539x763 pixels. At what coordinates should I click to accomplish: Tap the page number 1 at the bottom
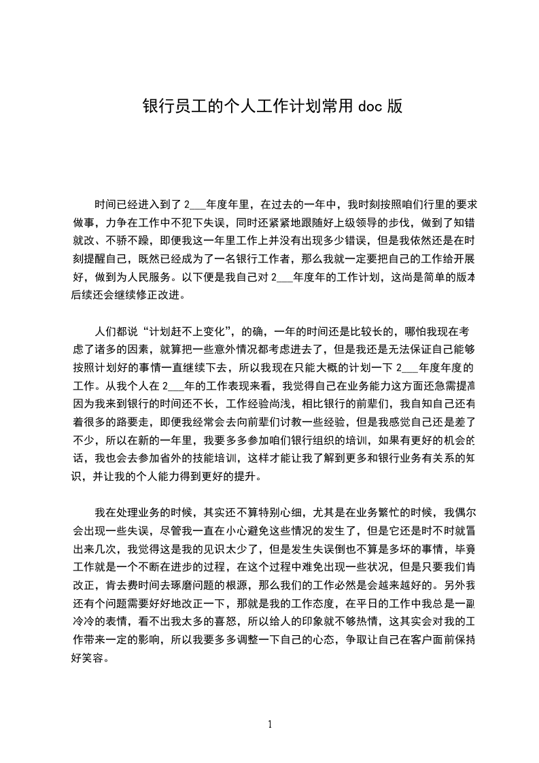click(x=270, y=724)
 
